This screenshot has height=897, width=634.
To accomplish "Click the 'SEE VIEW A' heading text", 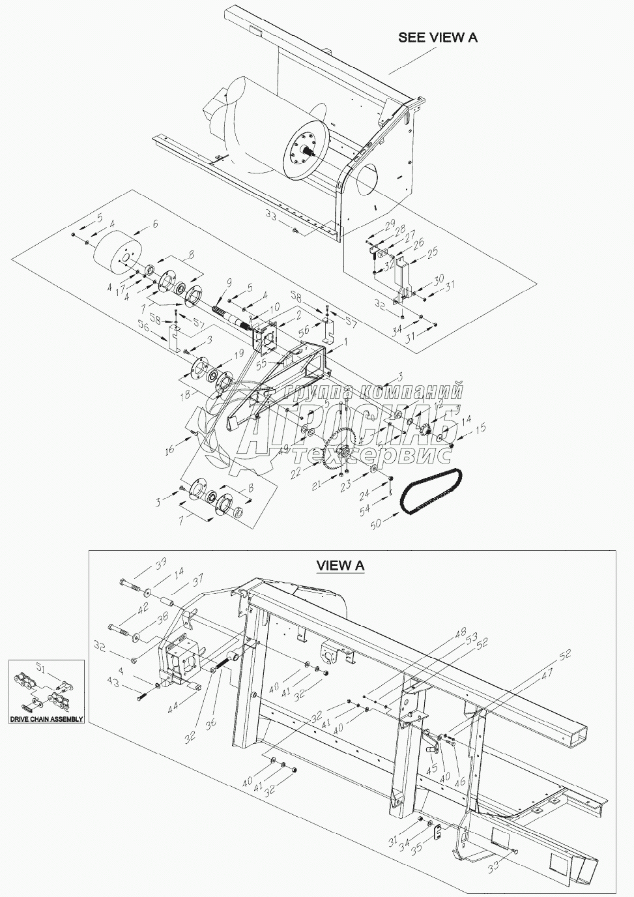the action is pos(437,37).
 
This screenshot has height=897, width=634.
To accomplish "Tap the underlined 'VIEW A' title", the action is pos(340,565).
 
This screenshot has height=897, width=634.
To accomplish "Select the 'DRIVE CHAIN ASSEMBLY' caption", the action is pos(46,719).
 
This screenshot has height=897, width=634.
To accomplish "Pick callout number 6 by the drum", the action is pos(154,223).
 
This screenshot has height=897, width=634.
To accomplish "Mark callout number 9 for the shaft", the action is pos(228,283).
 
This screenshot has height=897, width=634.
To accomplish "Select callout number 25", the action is pos(433,251).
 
